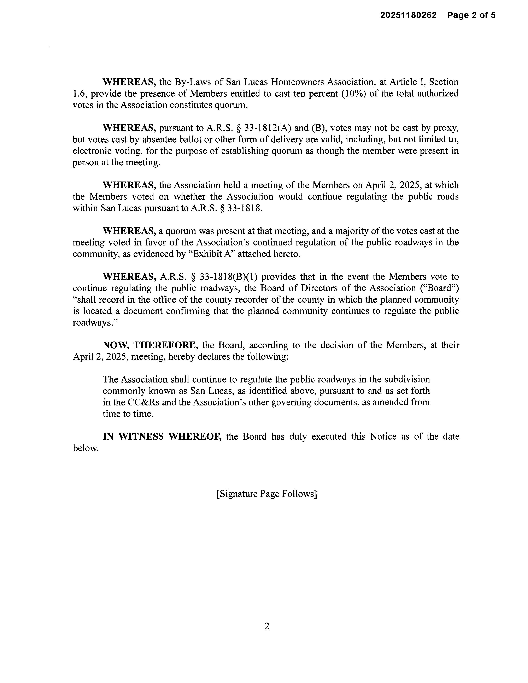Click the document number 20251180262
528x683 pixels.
408,15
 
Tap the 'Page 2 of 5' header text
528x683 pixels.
471,15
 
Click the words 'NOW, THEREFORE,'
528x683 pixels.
150,345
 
